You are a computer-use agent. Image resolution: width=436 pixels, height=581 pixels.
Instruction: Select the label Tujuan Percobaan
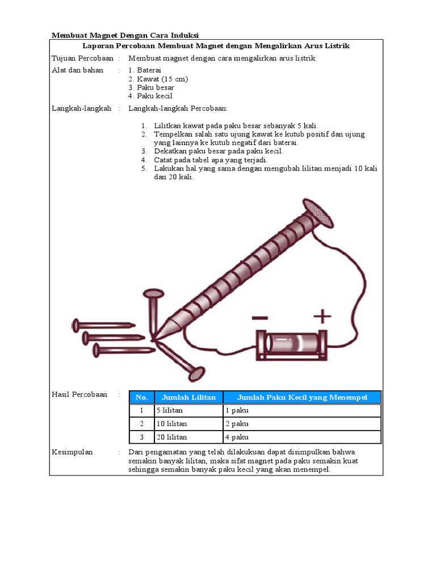click(83, 58)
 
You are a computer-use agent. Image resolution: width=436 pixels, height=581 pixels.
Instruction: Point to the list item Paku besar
click(151, 87)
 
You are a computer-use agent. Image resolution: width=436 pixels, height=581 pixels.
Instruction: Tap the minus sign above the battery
click(260, 318)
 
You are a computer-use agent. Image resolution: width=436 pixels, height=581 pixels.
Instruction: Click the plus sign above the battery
click(322, 316)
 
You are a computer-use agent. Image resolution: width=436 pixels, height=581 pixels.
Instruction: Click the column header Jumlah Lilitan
click(188, 397)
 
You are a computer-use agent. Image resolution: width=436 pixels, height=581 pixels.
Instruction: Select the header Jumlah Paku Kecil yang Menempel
click(302, 397)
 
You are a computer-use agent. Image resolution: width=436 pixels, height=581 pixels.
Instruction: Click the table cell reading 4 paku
click(237, 437)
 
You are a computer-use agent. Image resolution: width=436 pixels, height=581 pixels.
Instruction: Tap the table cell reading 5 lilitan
click(169, 410)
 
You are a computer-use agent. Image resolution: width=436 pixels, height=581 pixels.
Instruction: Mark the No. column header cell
click(141, 397)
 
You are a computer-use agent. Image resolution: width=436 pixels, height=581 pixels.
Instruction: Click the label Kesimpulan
click(72, 452)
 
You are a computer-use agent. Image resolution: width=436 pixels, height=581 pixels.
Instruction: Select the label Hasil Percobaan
click(79, 394)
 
